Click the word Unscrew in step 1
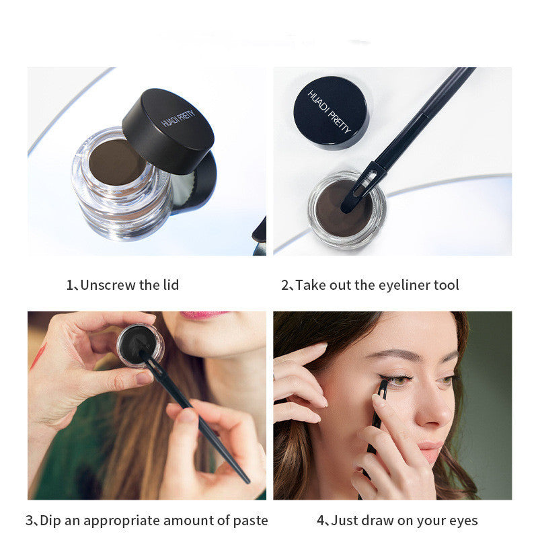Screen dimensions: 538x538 click(x=108, y=285)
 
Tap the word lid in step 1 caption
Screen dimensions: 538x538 click(x=171, y=284)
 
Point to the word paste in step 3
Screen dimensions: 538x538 click(x=250, y=521)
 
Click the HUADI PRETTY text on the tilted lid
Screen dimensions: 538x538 click(x=178, y=118)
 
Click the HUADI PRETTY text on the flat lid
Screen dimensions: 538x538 click(x=330, y=112)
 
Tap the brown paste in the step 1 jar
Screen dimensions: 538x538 click(x=117, y=162)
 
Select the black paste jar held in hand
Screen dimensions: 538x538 click(x=140, y=345)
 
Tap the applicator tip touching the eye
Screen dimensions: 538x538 click(x=382, y=389)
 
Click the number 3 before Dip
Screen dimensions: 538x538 click(x=30, y=521)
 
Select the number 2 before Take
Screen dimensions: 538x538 click(x=285, y=285)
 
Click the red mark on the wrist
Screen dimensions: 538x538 click(x=38, y=357)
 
